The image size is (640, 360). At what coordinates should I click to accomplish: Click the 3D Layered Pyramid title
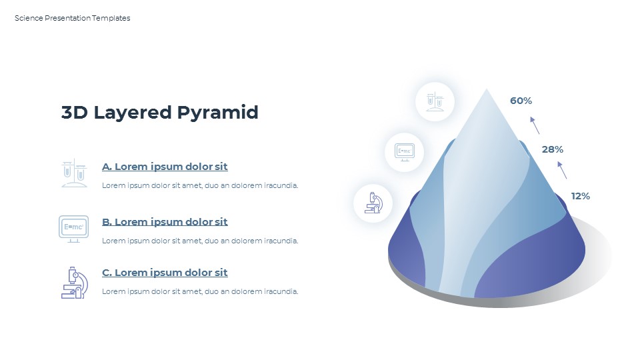tap(159, 113)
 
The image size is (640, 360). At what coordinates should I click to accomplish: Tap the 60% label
tap(521, 101)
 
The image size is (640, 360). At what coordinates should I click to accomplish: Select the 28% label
tap(552, 149)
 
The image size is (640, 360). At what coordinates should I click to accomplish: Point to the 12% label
tap(580, 196)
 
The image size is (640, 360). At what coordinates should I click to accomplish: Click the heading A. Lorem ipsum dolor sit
tap(165, 167)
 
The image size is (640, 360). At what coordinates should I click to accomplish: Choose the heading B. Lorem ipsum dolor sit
tap(165, 222)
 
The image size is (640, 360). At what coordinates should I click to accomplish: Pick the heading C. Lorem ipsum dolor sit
tap(165, 273)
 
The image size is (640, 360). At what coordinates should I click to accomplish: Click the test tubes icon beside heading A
tap(74, 173)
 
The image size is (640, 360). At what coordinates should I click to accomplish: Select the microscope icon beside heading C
tap(74, 282)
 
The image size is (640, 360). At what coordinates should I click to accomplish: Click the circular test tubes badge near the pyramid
tap(435, 102)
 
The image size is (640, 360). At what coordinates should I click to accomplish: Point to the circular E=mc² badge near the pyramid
tap(405, 151)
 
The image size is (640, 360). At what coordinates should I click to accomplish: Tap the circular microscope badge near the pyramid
tap(373, 203)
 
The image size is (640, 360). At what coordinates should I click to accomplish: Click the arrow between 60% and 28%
tap(535, 125)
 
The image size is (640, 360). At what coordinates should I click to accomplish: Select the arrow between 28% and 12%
tap(562, 169)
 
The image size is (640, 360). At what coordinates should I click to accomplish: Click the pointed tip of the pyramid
tap(486, 91)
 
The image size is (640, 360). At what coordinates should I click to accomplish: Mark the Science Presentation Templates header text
tap(73, 18)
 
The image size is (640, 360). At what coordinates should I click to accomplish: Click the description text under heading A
tap(200, 185)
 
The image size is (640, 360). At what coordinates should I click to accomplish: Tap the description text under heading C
tap(200, 291)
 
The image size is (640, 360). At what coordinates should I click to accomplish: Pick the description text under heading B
tap(200, 241)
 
